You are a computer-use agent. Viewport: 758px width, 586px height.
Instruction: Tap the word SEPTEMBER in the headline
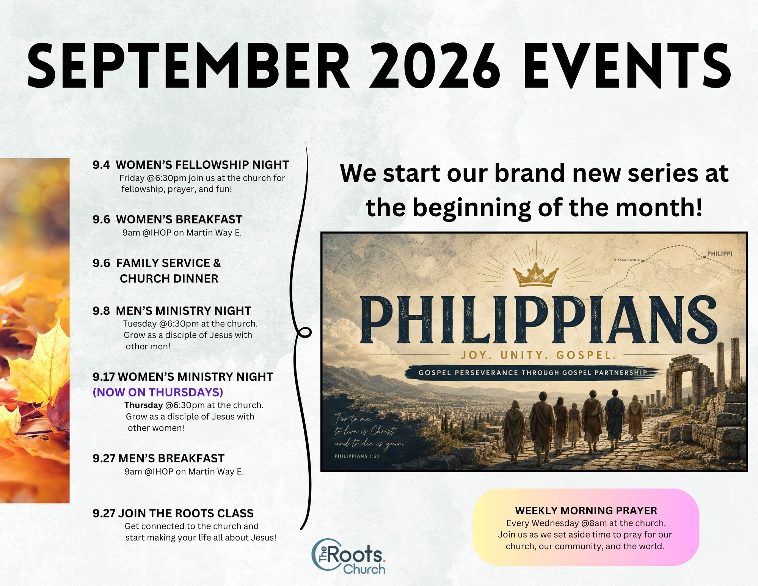tap(188, 66)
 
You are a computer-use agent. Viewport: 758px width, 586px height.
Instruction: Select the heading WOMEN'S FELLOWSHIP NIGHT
tap(202, 165)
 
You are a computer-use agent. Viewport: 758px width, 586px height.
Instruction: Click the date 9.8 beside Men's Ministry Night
tap(101, 311)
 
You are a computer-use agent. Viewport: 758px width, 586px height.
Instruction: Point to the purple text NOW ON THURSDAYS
tap(158, 392)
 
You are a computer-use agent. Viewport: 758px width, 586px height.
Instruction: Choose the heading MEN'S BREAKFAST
tap(171, 458)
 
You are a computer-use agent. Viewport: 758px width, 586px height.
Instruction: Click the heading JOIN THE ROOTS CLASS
tap(186, 513)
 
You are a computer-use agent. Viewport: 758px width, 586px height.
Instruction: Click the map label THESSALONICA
tap(626, 260)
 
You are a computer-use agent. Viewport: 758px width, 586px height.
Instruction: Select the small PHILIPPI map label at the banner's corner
tap(720, 253)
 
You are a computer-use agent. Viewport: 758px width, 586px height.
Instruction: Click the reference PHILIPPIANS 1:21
tap(357, 456)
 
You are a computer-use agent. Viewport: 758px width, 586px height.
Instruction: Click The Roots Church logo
tap(348, 556)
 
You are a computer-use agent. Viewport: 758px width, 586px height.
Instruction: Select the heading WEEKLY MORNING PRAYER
tap(586, 511)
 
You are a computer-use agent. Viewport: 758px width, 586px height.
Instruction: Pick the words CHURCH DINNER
tap(169, 278)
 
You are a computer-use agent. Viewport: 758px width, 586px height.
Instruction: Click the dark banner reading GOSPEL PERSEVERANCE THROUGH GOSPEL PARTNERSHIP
tap(533, 372)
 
